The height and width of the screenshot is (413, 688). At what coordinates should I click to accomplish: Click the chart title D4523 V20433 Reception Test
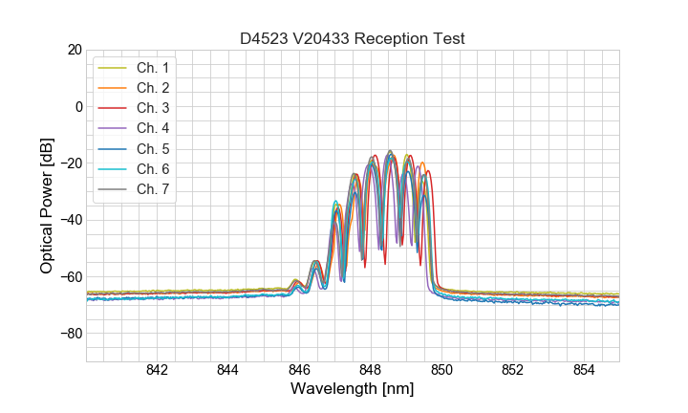(x=352, y=38)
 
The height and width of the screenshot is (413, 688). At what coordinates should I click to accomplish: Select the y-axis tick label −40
(x=70, y=220)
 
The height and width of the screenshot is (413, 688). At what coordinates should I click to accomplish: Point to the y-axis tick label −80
(x=70, y=334)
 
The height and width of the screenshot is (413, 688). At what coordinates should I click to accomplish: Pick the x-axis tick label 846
(x=299, y=371)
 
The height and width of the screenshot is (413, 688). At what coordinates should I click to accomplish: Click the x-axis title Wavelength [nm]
(x=352, y=390)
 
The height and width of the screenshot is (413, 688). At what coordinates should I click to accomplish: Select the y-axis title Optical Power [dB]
(x=47, y=206)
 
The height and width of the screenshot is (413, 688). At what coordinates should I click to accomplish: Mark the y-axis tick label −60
(x=70, y=276)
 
